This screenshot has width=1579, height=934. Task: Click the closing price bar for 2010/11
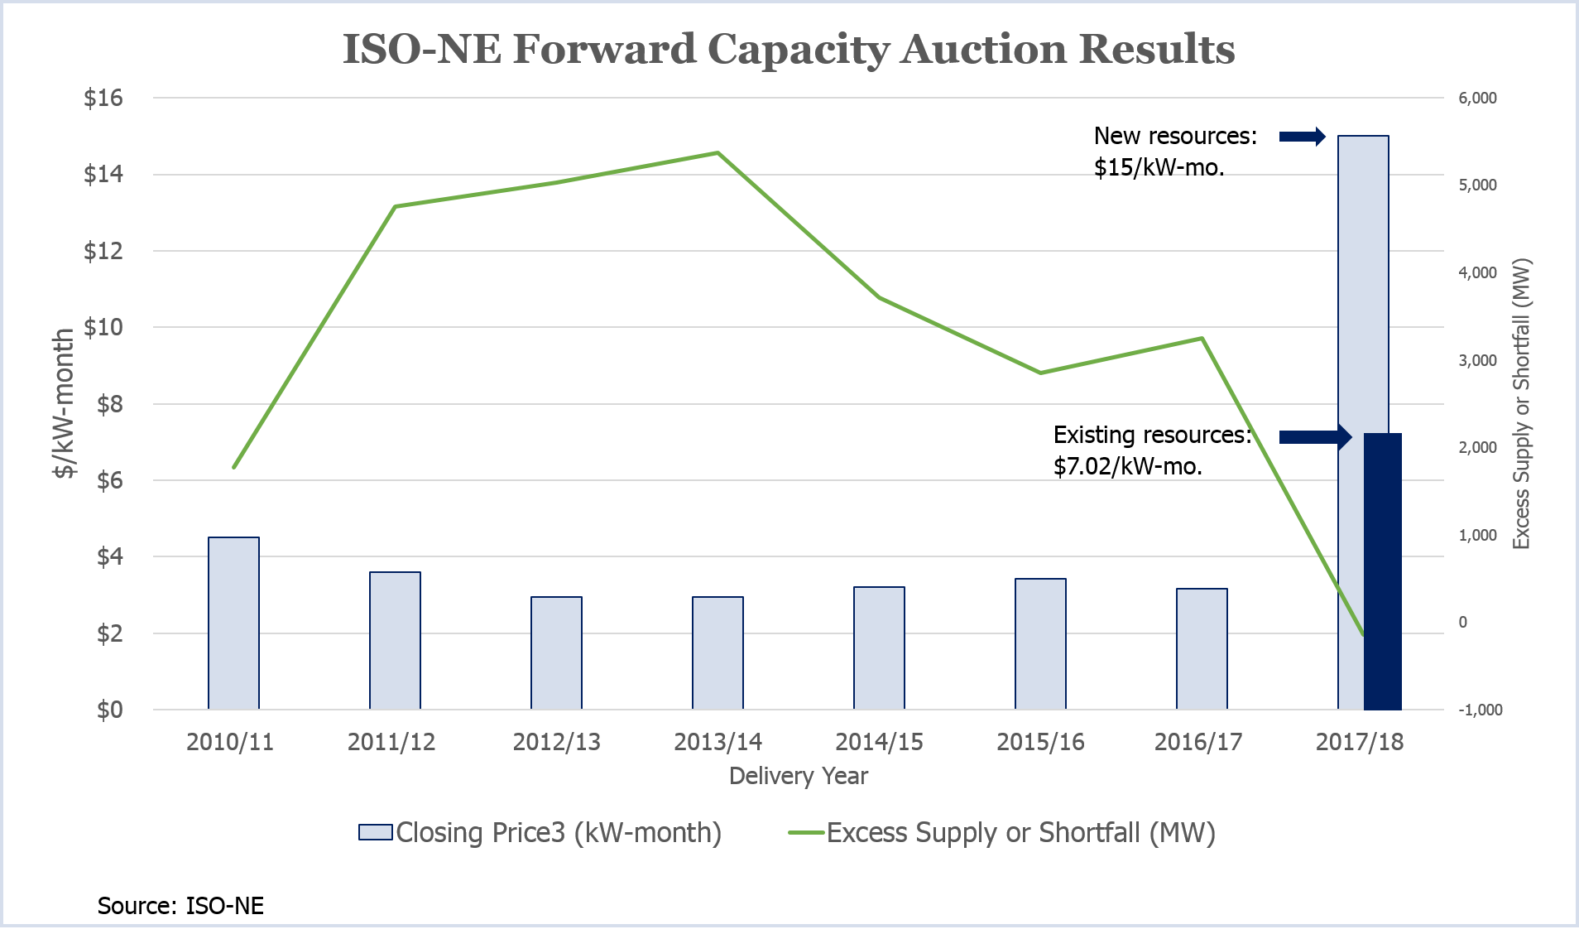233,623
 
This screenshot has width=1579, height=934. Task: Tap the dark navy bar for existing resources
1383,571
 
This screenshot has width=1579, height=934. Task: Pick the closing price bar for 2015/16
1040,643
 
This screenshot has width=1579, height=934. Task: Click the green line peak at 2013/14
718,153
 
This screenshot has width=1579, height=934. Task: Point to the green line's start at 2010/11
234,467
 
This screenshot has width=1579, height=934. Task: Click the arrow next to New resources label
1302,137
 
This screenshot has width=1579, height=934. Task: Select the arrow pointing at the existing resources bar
1314,436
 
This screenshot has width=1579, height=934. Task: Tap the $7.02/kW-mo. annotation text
1127,467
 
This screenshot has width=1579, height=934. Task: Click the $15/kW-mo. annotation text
1159,168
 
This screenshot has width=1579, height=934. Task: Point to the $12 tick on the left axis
103,251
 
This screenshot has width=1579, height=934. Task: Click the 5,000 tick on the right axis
1477,185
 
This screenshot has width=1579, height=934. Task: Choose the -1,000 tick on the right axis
1480,710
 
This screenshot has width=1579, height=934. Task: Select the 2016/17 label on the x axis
1198,742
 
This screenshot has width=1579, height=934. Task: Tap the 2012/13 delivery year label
556,742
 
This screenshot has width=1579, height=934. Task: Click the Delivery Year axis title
798,776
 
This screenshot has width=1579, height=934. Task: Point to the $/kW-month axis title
64,403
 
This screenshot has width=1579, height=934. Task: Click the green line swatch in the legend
806,832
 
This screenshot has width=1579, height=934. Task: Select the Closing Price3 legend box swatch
375,832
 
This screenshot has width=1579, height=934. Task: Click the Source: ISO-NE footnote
180,905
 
